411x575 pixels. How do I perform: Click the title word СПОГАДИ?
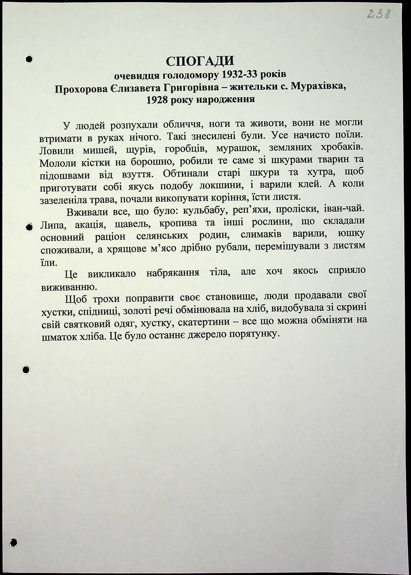click(x=200, y=61)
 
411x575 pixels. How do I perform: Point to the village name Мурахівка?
click(x=318, y=87)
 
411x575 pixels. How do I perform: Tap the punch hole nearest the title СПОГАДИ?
click(x=29, y=59)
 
